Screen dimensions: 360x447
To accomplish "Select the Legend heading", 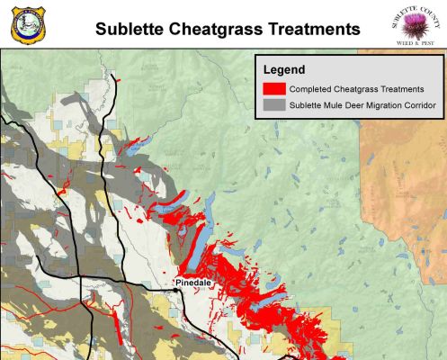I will point(284,69).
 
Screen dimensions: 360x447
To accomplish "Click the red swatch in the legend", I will point(273,89).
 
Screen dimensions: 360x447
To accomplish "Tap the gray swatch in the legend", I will point(273,106).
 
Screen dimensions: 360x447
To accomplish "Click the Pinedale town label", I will point(192,283).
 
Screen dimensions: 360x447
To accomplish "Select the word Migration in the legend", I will point(386,106).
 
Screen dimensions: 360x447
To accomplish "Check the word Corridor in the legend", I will point(422,106).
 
